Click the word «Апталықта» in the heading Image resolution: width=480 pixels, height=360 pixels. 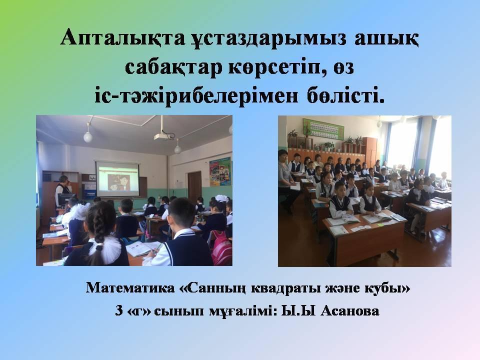click(123, 38)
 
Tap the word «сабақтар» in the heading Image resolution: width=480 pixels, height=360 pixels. click(173, 67)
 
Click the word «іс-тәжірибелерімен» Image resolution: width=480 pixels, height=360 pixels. click(196, 96)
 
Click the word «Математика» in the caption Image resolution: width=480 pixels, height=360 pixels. click(130, 288)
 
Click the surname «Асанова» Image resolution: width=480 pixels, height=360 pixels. click(350, 311)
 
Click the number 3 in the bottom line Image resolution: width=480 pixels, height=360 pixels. click(119, 311)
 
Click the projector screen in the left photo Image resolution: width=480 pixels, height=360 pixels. click(117, 179)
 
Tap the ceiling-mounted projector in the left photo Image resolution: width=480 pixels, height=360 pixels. click(164, 135)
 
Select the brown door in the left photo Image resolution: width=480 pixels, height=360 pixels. click(194, 186)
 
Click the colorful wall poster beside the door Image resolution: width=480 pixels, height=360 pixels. click(220, 172)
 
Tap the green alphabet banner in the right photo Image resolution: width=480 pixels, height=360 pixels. click(323, 129)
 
